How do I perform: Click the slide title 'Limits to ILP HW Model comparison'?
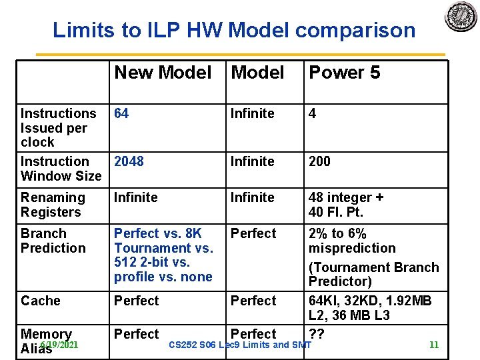pyautogui.click(x=234, y=30)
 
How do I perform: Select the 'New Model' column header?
pyautogui.click(x=163, y=73)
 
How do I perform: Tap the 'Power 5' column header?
pyautogui.click(x=344, y=73)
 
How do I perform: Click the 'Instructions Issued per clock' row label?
pyautogui.click(x=58, y=127)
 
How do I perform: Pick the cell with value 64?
pyautogui.click(x=121, y=113)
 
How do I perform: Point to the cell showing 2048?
pyautogui.click(x=129, y=161)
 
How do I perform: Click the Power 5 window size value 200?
pyautogui.click(x=319, y=161)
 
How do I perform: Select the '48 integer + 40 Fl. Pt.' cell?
pyautogui.click(x=346, y=205)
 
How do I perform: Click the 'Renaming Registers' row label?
pyautogui.click(x=53, y=205)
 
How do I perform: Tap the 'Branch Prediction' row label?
pyautogui.click(x=53, y=241)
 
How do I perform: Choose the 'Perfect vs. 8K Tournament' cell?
pyautogui.click(x=163, y=255)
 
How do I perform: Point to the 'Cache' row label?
pyautogui.click(x=41, y=301)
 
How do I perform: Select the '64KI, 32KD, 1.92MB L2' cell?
pyautogui.click(x=370, y=307)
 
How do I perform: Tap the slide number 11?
pyautogui.click(x=434, y=345)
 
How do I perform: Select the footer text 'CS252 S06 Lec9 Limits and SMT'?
pyautogui.click(x=240, y=345)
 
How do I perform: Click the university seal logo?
pyautogui.click(x=461, y=16)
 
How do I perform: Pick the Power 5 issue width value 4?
pyautogui.click(x=312, y=113)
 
